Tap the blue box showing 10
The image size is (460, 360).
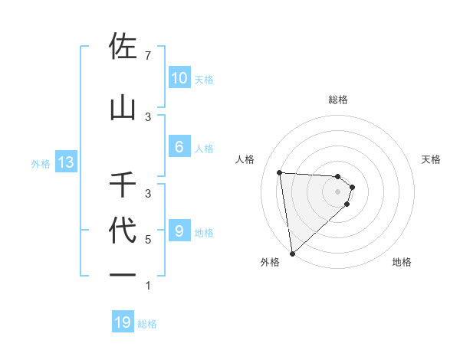point(179,78)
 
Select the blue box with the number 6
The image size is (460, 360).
point(179,147)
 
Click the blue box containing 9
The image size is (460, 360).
point(179,231)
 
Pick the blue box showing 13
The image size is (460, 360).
point(65,162)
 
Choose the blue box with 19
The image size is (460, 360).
point(123,322)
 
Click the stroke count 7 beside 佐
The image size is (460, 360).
point(147,56)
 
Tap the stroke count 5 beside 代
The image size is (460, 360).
point(147,240)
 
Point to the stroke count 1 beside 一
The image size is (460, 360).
point(147,286)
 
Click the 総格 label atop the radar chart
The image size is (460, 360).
point(338,100)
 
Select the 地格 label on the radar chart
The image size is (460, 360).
point(402,263)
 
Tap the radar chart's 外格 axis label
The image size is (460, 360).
point(270,263)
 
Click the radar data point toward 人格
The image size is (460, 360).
point(280,172)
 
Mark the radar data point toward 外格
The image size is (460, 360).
point(292,253)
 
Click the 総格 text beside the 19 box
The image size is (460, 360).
point(147,324)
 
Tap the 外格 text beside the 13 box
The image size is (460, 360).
point(40,163)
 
